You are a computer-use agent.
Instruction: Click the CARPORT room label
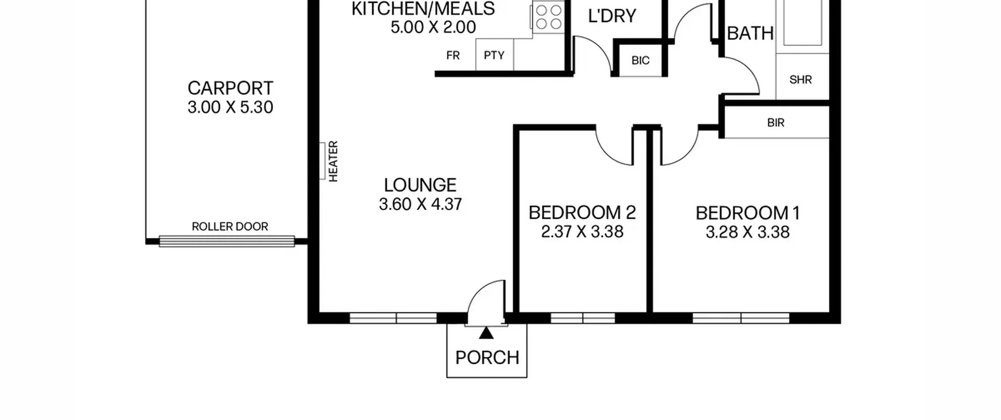click(x=230, y=88)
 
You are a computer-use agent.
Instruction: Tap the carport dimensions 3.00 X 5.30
click(x=230, y=107)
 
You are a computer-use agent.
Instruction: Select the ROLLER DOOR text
click(x=230, y=227)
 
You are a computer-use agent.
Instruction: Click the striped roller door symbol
click(x=227, y=241)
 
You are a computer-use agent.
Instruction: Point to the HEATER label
click(x=333, y=161)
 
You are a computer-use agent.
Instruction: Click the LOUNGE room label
click(x=420, y=185)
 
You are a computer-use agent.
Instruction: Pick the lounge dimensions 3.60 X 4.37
click(x=420, y=204)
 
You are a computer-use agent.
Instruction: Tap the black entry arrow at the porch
click(x=486, y=333)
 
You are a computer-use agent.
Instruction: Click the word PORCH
click(x=487, y=357)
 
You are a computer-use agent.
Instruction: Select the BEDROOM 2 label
click(x=582, y=213)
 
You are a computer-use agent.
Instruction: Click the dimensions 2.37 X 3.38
click(x=582, y=232)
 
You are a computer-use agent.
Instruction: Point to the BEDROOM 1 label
click(x=748, y=213)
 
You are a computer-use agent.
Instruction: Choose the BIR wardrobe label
click(x=776, y=123)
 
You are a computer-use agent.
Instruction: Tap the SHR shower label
click(x=800, y=80)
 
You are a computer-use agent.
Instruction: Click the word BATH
click(x=750, y=34)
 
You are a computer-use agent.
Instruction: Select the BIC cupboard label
click(x=640, y=61)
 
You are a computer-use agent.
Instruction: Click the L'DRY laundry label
click(x=612, y=16)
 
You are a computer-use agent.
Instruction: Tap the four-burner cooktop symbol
click(x=548, y=16)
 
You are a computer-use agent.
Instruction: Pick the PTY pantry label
click(x=494, y=55)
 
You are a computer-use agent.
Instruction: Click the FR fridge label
click(x=453, y=55)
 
